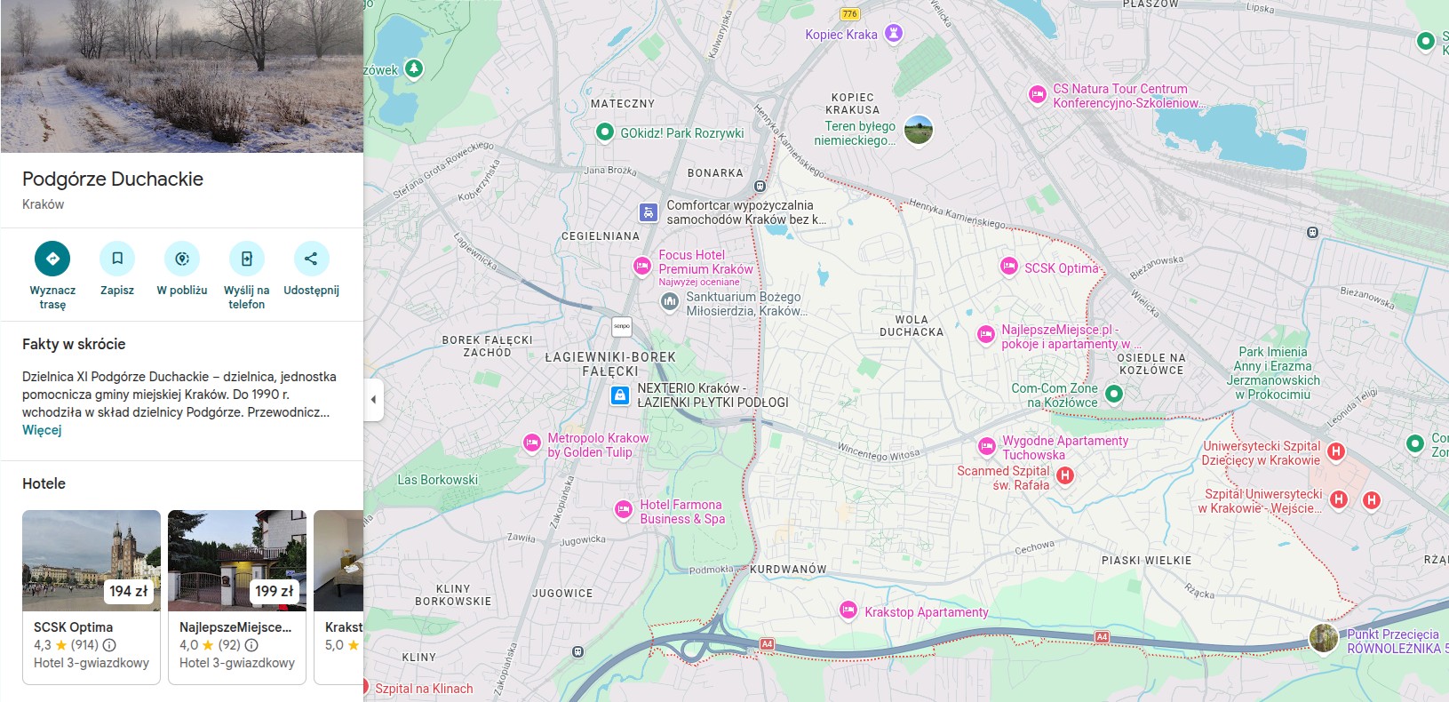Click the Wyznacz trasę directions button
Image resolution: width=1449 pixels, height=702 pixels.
[x=52, y=259]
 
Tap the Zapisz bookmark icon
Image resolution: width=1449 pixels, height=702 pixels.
[x=117, y=259]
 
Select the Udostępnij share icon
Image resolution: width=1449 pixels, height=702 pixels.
[x=311, y=259]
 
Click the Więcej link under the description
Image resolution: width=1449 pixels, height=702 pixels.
[x=42, y=430]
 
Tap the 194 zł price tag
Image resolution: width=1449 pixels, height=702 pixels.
[x=129, y=591]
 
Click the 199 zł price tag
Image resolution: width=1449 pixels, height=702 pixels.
[x=274, y=591]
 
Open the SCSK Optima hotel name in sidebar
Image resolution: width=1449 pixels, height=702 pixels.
[x=73, y=627]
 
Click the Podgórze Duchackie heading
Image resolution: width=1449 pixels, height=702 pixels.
[x=113, y=179]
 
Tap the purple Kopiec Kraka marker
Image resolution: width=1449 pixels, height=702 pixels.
[x=894, y=34]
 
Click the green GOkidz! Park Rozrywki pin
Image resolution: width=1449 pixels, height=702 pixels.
[x=605, y=132]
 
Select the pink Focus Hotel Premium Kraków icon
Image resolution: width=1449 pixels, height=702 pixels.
[x=641, y=266]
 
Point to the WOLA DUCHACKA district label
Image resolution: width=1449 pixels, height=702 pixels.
[x=912, y=326]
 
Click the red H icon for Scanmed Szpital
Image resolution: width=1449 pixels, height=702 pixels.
[x=1065, y=475]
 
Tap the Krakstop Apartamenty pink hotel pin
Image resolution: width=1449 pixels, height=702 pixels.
[x=848, y=610]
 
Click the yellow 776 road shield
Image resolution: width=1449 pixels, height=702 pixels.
[x=850, y=13]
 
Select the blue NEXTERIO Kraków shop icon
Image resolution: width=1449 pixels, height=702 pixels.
[x=620, y=395]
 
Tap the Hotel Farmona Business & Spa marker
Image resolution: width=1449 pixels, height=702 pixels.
[x=623, y=509]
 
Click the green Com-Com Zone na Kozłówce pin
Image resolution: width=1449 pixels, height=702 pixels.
[x=1114, y=393]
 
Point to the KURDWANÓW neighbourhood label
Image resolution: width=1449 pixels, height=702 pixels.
[x=788, y=570]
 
